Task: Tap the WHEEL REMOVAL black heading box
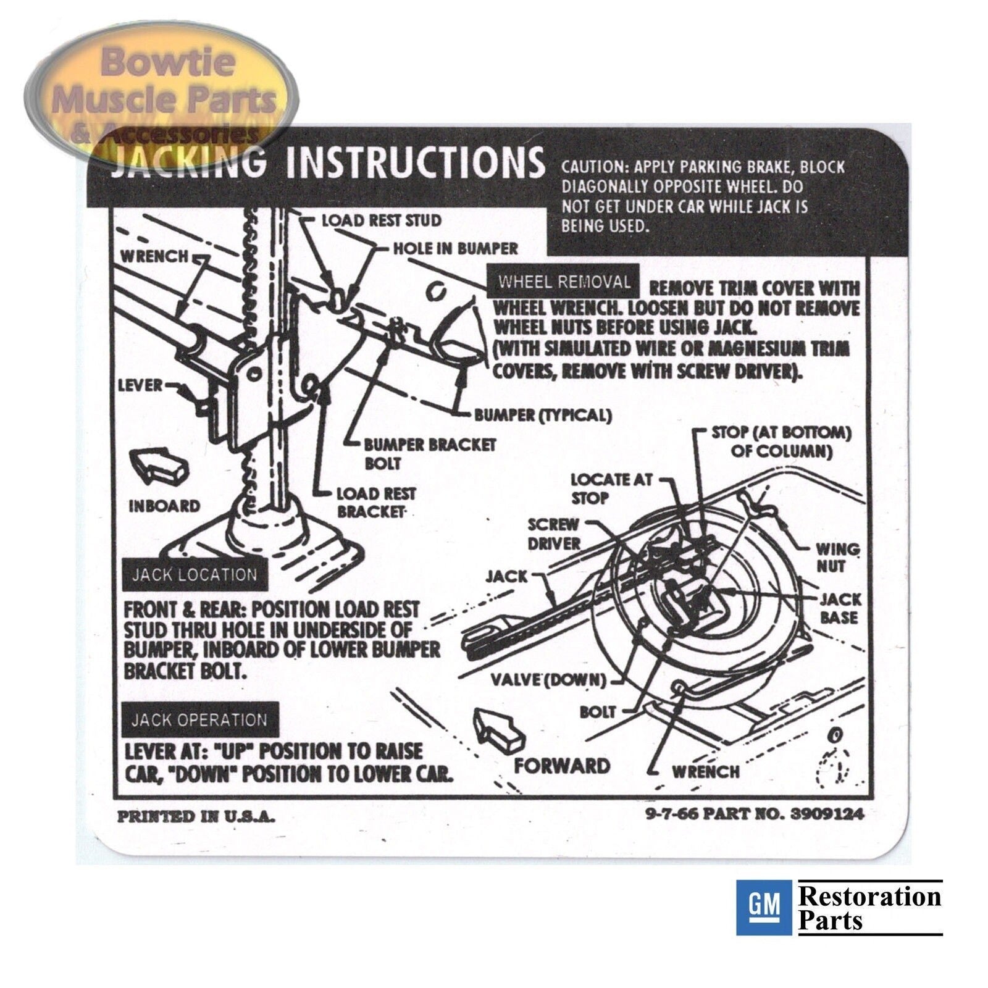pyautogui.click(x=564, y=282)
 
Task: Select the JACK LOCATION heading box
pyautogui.click(x=195, y=575)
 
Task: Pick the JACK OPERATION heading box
pyautogui.click(x=199, y=720)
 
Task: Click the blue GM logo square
pyautogui.click(x=763, y=907)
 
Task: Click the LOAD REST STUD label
pyautogui.click(x=382, y=220)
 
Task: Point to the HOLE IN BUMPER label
pyautogui.click(x=456, y=249)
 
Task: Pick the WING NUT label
pyautogui.click(x=837, y=557)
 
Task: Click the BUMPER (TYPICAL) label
pyautogui.click(x=543, y=415)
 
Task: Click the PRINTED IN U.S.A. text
pyautogui.click(x=196, y=816)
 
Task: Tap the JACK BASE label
pyautogui.click(x=840, y=608)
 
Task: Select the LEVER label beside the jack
pyautogui.click(x=140, y=386)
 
